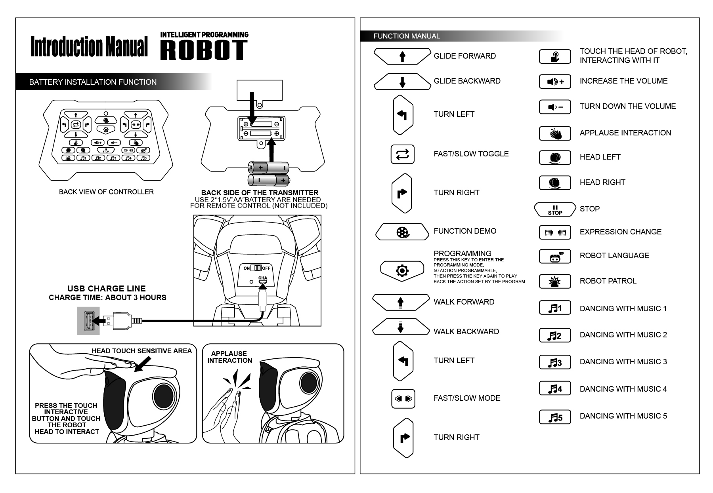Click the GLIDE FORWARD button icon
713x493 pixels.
pyautogui.click(x=402, y=56)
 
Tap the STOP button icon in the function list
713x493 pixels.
pyautogui.click(x=555, y=209)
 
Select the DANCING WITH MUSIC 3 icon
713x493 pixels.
pyautogui.click(x=555, y=362)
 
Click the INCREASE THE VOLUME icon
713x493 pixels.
pyautogui.click(x=555, y=82)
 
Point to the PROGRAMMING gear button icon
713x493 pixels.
pyautogui.click(x=402, y=271)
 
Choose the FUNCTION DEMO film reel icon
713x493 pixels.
pyautogui.click(x=402, y=232)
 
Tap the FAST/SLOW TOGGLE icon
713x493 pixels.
pyautogui.click(x=402, y=154)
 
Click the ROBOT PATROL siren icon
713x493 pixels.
pyautogui.click(x=555, y=282)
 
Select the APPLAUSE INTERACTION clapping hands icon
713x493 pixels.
pyautogui.click(x=555, y=134)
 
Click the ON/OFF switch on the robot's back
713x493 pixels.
pyautogui.click(x=256, y=268)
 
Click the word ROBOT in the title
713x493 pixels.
pyautogui.click(x=204, y=50)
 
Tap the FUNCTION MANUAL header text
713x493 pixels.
pyautogui.click(x=406, y=36)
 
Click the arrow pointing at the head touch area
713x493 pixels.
pyautogui.click(x=143, y=364)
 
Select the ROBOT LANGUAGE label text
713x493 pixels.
pyautogui.click(x=614, y=256)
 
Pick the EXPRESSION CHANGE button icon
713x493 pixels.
pyautogui.click(x=555, y=232)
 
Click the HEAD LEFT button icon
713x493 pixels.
pyautogui.click(x=555, y=158)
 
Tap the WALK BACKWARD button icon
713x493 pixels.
pyautogui.click(x=401, y=327)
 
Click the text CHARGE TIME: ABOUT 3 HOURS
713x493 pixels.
pyautogui.click(x=107, y=298)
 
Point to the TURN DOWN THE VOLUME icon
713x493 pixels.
pyautogui.click(x=555, y=107)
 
